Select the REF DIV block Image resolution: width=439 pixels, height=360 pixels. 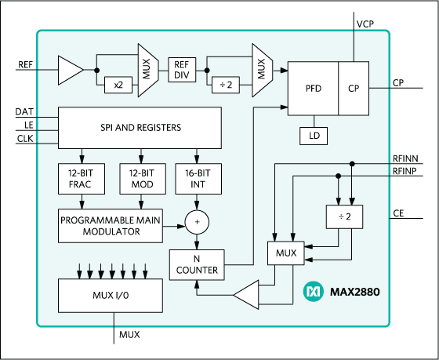182,71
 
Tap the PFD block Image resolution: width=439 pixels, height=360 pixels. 313,89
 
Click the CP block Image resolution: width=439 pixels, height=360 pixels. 353,89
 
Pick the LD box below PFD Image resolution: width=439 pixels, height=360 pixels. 314,136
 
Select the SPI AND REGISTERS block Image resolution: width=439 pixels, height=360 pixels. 141,127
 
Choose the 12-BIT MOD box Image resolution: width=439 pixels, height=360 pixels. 139,179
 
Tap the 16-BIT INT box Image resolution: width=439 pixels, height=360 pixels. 198,179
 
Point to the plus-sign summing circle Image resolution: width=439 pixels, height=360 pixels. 198,224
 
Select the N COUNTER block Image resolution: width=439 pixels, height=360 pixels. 198,264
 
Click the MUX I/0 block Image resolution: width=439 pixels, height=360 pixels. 111,295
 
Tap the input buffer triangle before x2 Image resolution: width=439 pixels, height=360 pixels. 70,71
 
